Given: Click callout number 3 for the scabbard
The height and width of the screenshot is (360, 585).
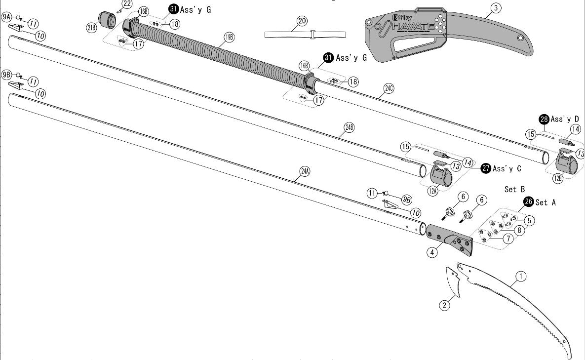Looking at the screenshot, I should [495, 7].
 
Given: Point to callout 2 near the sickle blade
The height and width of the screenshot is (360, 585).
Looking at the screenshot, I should [445, 305].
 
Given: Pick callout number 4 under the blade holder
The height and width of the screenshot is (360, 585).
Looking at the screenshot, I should [432, 252].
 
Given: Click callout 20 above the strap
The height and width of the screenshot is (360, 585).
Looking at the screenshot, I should [302, 20].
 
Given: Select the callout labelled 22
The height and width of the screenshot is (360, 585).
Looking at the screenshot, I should [127, 4].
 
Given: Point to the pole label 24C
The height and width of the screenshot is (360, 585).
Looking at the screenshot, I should [389, 89].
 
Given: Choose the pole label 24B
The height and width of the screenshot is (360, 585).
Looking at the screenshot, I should [349, 127].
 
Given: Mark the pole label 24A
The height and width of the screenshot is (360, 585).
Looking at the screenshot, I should [305, 171].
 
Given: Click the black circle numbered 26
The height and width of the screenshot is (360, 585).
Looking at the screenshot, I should [529, 202].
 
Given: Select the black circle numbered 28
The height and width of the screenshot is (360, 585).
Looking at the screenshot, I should [544, 119].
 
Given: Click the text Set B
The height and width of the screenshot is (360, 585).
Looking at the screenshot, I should [514, 189].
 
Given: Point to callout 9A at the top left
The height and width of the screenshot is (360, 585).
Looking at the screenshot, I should [6, 17].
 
